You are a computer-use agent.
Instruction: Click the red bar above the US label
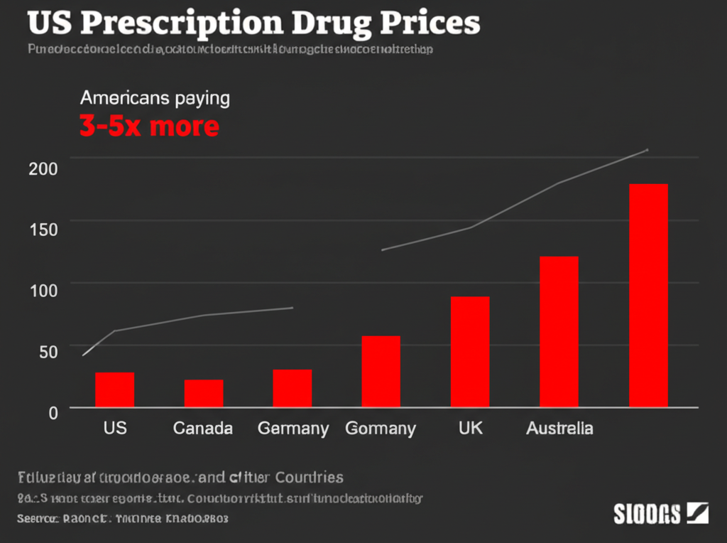click(x=114, y=389)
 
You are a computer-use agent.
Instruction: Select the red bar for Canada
click(x=204, y=393)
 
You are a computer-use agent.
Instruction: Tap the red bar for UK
click(x=470, y=352)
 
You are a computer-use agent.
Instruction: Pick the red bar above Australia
click(x=559, y=331)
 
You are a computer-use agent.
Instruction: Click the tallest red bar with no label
click(x=648, y=295)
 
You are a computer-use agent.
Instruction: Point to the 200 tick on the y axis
click(x=43, y=169)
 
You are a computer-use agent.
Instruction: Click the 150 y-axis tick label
click(x=43, y=230)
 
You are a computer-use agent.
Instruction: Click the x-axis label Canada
click(x=203, y=429)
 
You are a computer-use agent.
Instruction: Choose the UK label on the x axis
click(x=470, y=429)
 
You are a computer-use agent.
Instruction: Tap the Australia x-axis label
click(x=559, y=429)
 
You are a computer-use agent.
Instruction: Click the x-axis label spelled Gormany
click(x=380, y=429)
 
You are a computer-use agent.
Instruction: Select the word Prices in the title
click(x=430, y=23)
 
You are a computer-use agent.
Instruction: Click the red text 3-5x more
click(x=149, y=127)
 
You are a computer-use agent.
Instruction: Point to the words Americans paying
click(x=155, y=97)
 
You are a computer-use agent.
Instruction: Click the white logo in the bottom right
click(x=660, y=512)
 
